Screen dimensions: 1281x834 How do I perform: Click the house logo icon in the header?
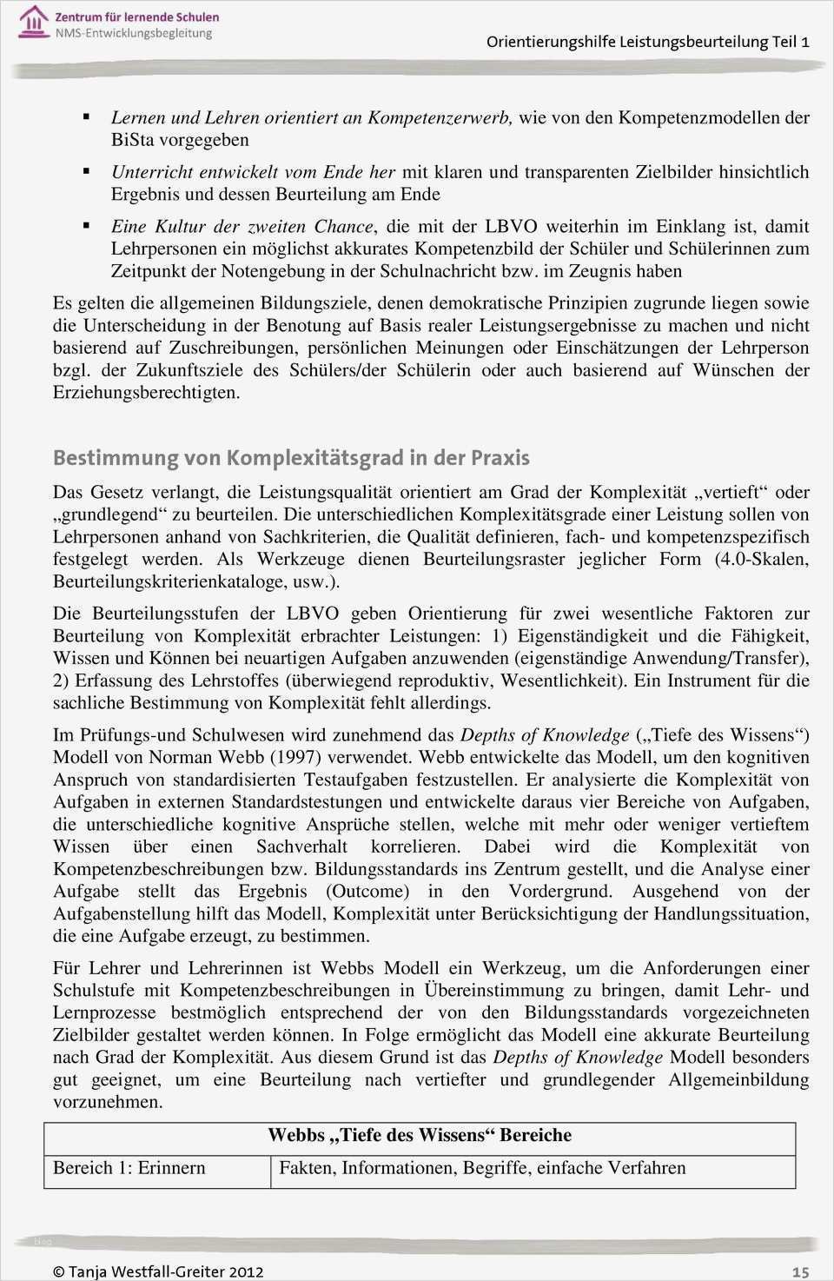[33, 21]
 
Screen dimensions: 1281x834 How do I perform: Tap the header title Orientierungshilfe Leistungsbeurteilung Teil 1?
[647, 42]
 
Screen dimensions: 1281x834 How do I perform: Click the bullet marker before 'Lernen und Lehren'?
[86, 116]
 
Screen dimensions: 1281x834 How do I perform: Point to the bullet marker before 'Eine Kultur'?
[86, 225]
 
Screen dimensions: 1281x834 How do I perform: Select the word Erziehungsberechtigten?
[146, 393]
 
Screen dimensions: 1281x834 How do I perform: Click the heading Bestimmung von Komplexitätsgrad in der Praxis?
[291, 458]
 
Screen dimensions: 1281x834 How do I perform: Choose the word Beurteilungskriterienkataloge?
[168, 581]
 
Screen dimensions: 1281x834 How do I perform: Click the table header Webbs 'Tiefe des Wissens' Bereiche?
[420, 1135]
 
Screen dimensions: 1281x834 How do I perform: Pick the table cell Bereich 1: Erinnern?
[129, 1168]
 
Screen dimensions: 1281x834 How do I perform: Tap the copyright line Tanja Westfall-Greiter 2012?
[157, 1271]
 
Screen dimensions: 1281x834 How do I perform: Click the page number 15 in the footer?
[800, 1271]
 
